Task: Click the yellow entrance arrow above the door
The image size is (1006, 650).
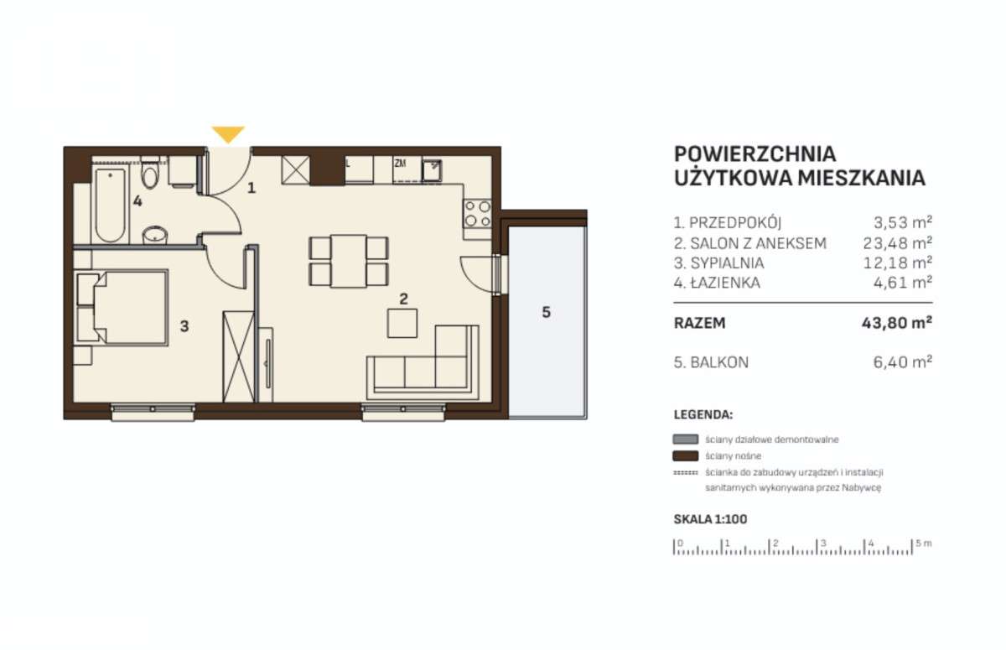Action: pos(228,133)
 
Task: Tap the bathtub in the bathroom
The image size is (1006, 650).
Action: pos(111,205)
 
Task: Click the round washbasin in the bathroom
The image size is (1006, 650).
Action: pos(153,236)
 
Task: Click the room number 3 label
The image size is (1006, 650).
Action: pos(184,325)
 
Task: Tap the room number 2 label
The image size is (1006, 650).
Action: pos(403,298)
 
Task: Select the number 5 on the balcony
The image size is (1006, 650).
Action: pos(546,313)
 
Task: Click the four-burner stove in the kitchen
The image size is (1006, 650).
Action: pos(478,214)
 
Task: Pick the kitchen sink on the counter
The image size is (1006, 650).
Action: pos(432,169)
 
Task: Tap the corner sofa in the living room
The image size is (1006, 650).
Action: pos(419,367)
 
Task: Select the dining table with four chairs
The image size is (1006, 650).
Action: pos(349,261)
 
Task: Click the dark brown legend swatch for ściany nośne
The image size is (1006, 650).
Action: pos(686,456)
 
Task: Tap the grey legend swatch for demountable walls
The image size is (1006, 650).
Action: pos(686,439)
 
